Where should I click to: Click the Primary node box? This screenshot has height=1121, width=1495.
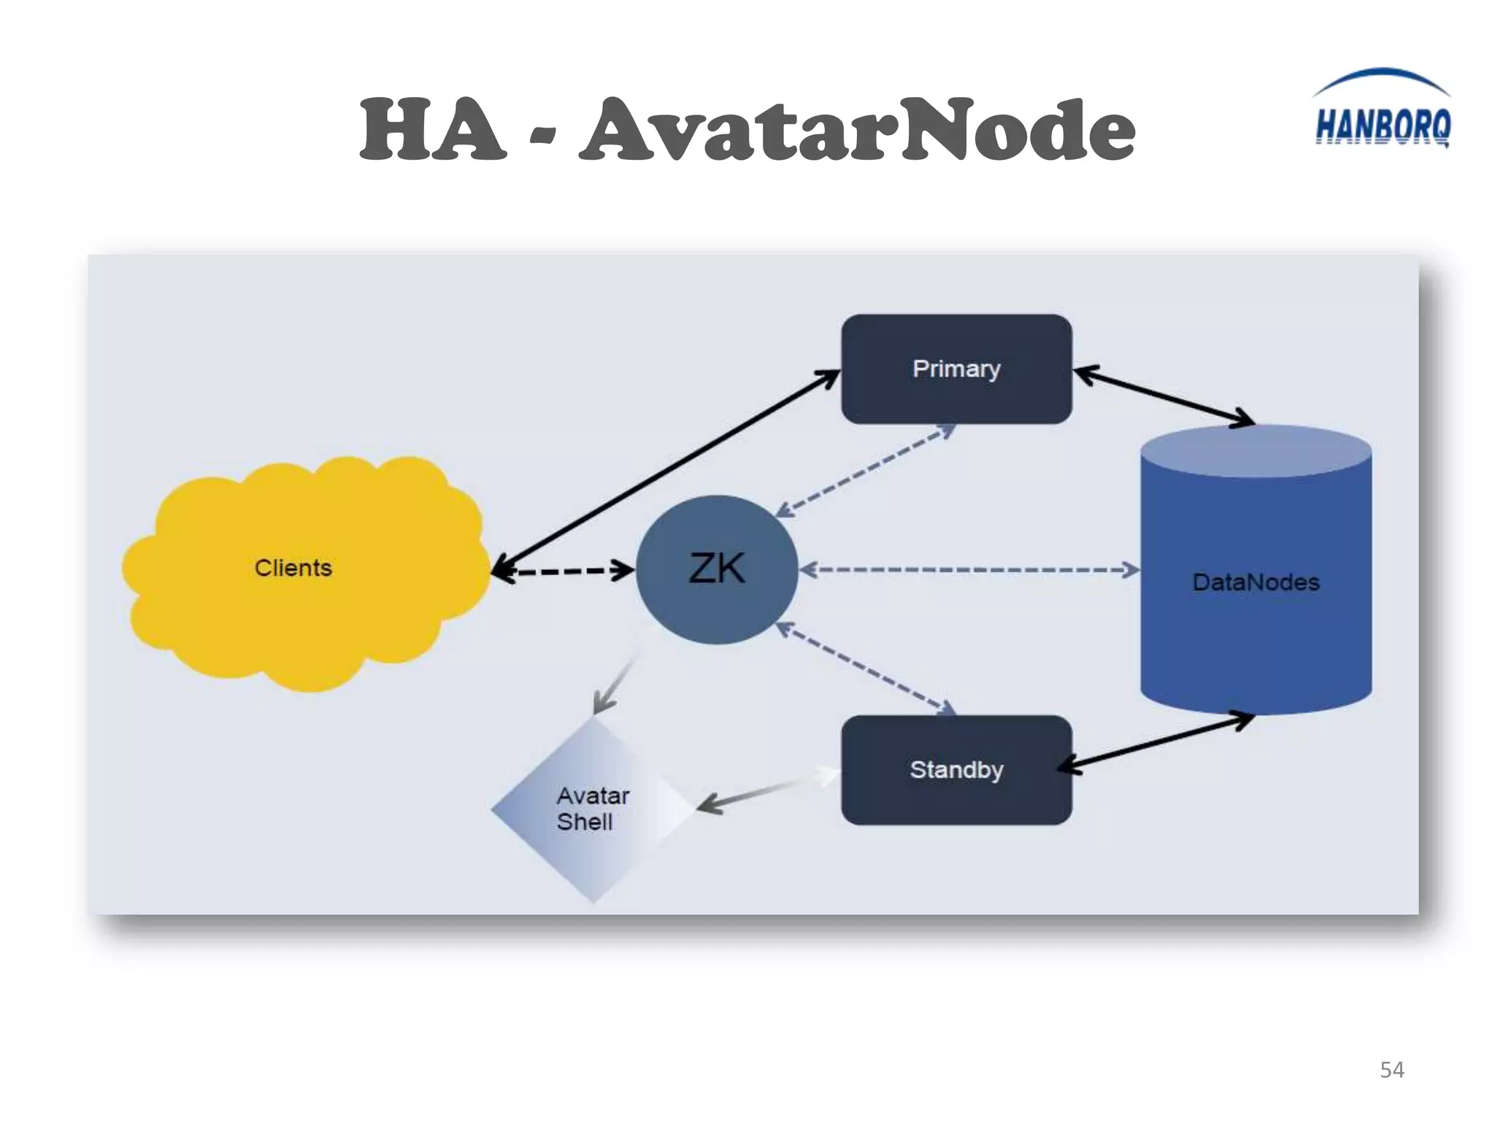click(956, 369)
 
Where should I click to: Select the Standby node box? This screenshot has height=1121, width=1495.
click(956, 770)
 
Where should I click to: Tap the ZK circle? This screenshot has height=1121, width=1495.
click(717, 569)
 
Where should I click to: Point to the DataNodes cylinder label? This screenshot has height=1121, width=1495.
click(1256, 582)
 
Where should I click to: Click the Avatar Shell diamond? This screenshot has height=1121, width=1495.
click(593, 809)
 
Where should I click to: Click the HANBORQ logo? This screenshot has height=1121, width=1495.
click(1382, 117)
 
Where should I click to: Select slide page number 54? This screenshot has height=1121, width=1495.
click(1391, 1070)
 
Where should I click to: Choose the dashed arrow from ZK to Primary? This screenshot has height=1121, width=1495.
click(865, 471)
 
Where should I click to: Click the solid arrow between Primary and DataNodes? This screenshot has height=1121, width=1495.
click(1164, 396)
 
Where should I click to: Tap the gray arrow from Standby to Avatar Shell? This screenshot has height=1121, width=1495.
click(759, 794)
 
